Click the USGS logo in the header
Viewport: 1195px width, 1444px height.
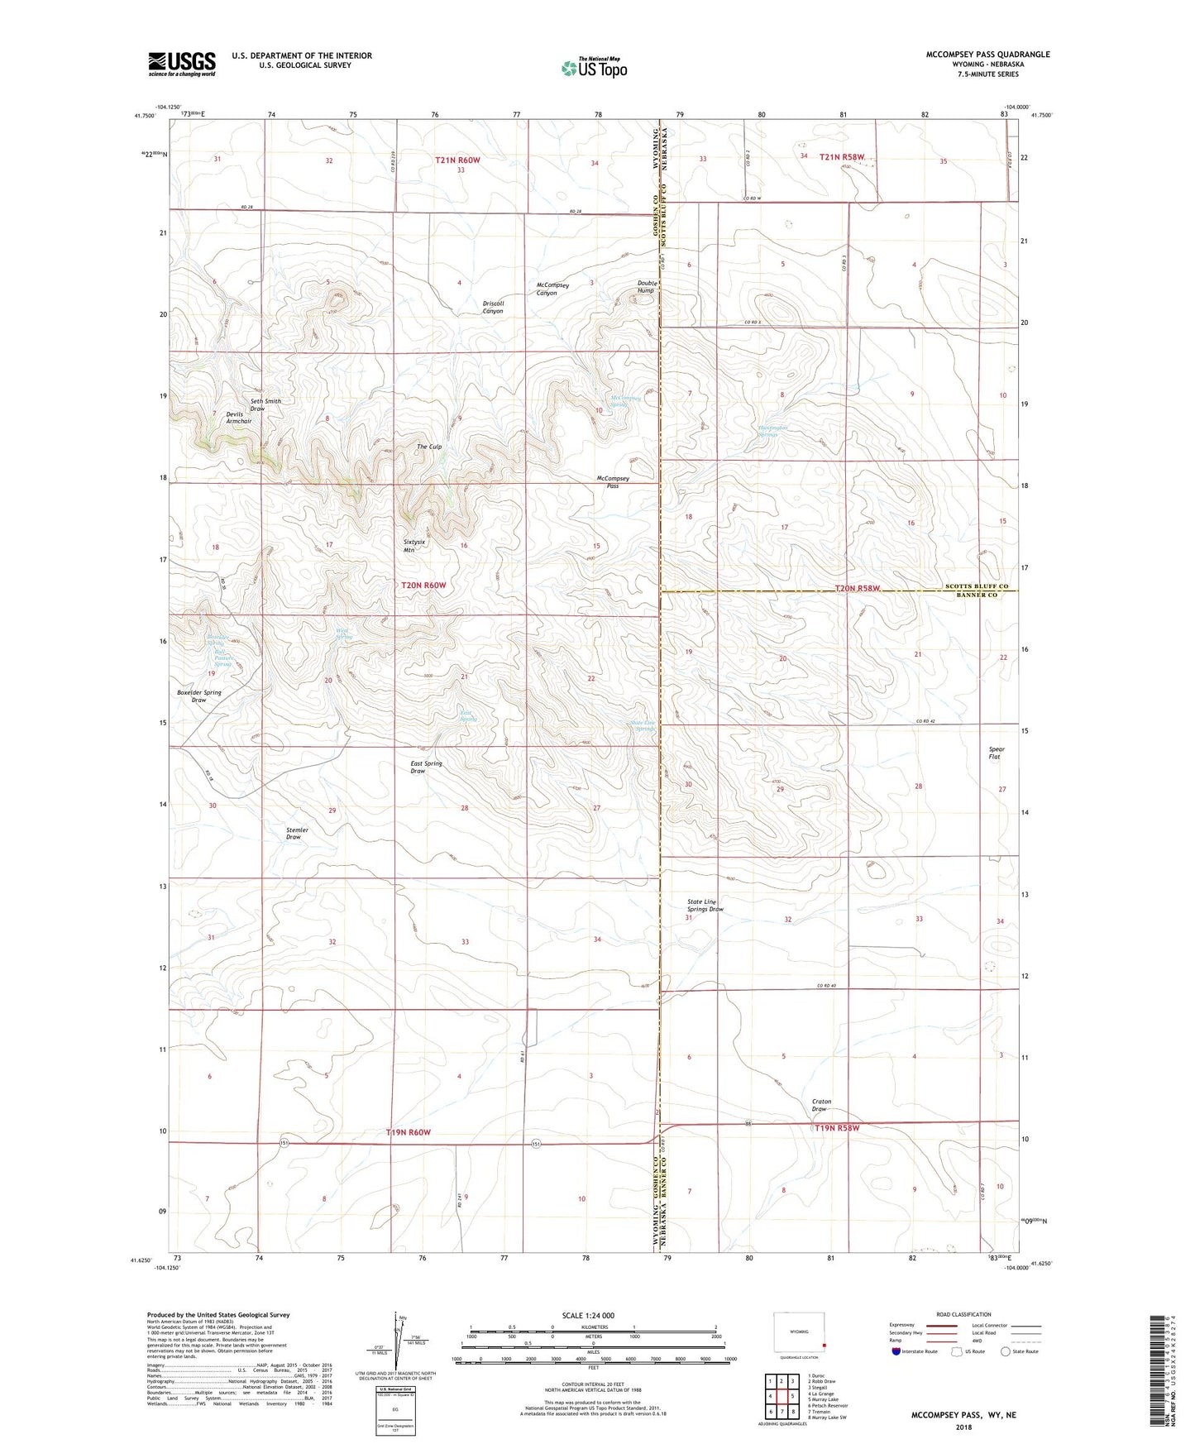pos(182,64)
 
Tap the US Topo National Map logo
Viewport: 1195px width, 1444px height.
pos(594,67)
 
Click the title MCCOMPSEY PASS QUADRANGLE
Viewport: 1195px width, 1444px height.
pos(987,55)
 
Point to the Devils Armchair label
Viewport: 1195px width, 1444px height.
pos(238,418)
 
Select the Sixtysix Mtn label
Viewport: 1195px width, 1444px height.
pos(414,546)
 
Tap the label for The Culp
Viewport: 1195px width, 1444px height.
pos(428,447)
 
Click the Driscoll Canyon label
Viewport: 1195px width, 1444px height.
pos(493,307)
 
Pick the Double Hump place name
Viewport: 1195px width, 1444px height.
pos(646,287)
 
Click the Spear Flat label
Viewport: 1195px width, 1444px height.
pos(996,753)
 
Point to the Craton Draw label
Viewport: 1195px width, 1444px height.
pos(821,1105)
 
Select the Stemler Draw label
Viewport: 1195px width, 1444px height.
pos(296,833)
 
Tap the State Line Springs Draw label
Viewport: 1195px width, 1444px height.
pos(705,906)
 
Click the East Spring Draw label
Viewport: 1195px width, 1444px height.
pos(426,767)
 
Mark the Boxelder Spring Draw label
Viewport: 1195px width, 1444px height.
pos(198,696)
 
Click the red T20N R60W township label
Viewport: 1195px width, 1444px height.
pos(423,586)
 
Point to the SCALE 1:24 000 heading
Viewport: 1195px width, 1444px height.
pos(587,1315)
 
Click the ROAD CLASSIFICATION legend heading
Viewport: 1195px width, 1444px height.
pos(963,1314)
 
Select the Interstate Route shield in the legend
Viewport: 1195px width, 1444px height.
pos(897,1351)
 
